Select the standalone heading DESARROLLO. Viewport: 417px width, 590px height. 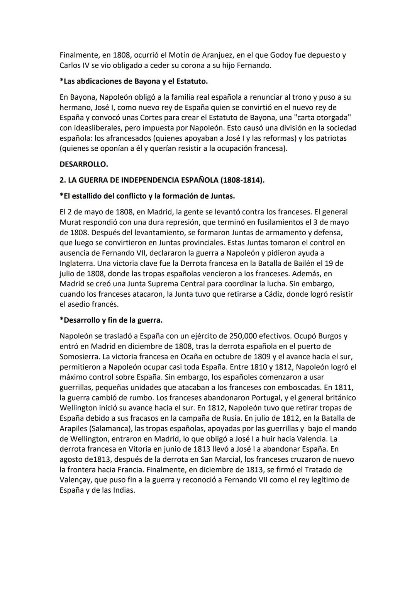84,164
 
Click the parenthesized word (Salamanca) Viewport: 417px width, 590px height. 116,428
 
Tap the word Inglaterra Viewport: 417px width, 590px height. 77,263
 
